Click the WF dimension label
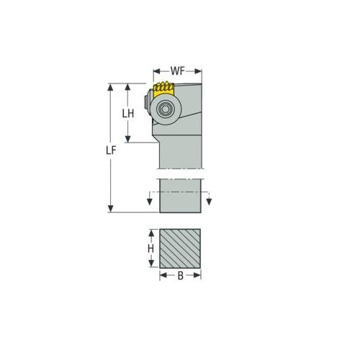[177, 73]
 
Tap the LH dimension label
[128, 114]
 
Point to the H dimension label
[150, 248]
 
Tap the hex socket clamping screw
[164, 109]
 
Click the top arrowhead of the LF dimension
[110, 86]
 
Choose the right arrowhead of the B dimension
[199, 276]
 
